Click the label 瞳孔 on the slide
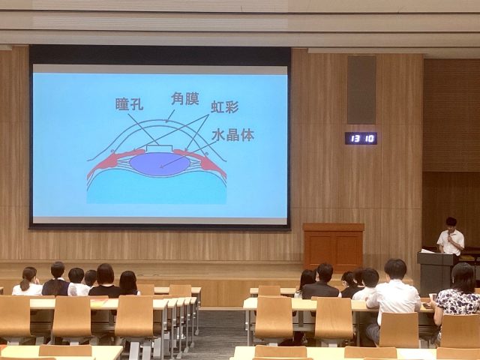point(129,104)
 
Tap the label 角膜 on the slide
point(185,98)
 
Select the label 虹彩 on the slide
point(225,106)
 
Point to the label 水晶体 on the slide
point(233,135)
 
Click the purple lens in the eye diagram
point(160,164)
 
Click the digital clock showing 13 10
point(361,138)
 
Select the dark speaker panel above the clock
point(361,90)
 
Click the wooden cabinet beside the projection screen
point(334,247)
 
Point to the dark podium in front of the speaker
point(436,272)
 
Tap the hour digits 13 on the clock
point(355,139)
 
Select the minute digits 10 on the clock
point(370,139)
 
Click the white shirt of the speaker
point(451,242)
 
